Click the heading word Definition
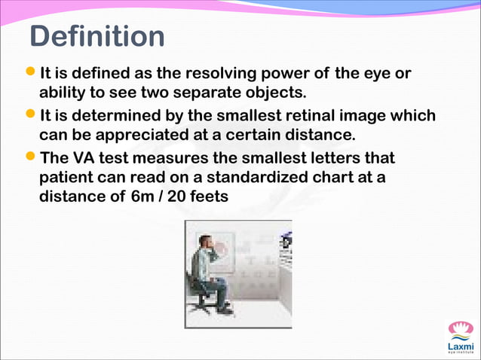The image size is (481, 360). click(x=97, y=36)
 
